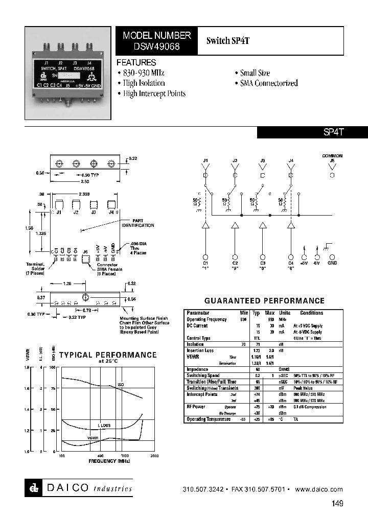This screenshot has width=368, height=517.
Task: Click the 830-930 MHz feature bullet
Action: pos(145,73)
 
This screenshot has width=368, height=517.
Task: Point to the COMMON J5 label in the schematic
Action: pos(332,158)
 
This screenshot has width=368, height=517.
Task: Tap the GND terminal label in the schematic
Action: pos(332,263)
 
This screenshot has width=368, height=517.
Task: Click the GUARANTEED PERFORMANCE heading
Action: pos(264,301)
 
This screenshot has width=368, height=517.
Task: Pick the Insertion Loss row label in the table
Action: pos(200,350)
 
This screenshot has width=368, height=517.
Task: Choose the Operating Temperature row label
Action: pos(207,419)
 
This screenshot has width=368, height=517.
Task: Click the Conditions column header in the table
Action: pos(311,313)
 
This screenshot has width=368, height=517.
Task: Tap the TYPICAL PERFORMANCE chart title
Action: pos(108,355)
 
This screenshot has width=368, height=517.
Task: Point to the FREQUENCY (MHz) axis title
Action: pos(109,461)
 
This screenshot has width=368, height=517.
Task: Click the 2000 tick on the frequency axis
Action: pos(155,455)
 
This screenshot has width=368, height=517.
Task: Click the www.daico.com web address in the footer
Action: pos(319,489)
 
